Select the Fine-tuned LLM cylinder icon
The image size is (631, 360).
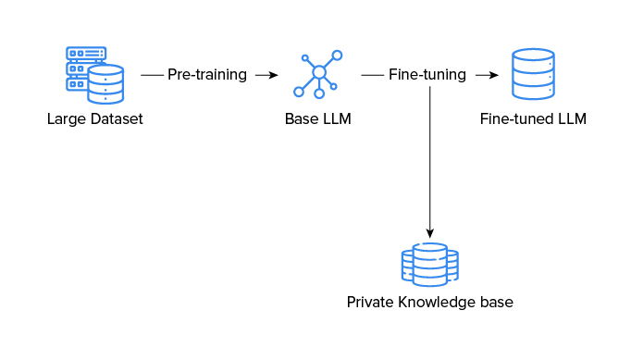[x=533, y=75]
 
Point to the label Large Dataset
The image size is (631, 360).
[x=95, y=119]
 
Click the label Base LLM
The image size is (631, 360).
[x=318, y=119]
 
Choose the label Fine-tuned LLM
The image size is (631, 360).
[x=533, y=119]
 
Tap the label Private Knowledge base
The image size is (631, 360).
[x=429, y=303]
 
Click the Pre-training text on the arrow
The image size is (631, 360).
[x=207, y=75]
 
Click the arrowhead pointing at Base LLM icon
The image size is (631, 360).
[x=272, y=75]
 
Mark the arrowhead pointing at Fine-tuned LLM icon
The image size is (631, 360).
[x=492, y=75]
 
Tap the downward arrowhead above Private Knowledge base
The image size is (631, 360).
[x=429, y=234]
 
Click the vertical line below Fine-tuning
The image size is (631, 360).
[x=429, y=157]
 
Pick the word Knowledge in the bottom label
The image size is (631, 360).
[x=433, y=303]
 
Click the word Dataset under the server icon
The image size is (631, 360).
[x=118, y=119]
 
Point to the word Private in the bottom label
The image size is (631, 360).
[x=370, y=303]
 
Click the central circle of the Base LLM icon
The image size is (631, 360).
[x=319, y=72]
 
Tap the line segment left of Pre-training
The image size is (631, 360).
[x=151, y=75]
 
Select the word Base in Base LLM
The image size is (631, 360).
[x=302, y=119]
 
